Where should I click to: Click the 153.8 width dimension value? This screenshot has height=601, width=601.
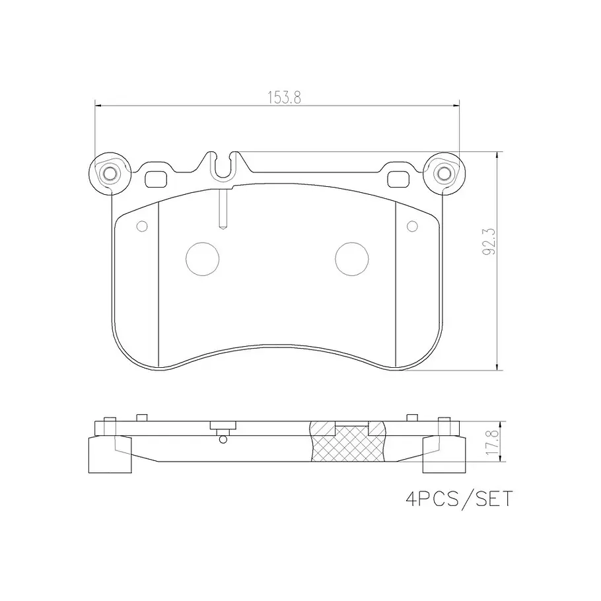point(284,98)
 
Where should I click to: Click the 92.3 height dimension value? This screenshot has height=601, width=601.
point(489,242)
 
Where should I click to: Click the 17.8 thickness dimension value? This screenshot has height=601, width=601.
point(492,442)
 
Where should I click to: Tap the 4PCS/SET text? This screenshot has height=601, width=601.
point(459,499)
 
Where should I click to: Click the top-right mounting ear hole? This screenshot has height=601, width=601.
point(442,174)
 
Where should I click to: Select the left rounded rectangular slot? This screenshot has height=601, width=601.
point(156,179)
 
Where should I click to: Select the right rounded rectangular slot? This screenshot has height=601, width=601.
point(399,179)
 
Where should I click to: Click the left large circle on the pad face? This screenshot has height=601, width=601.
point(202,259)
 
